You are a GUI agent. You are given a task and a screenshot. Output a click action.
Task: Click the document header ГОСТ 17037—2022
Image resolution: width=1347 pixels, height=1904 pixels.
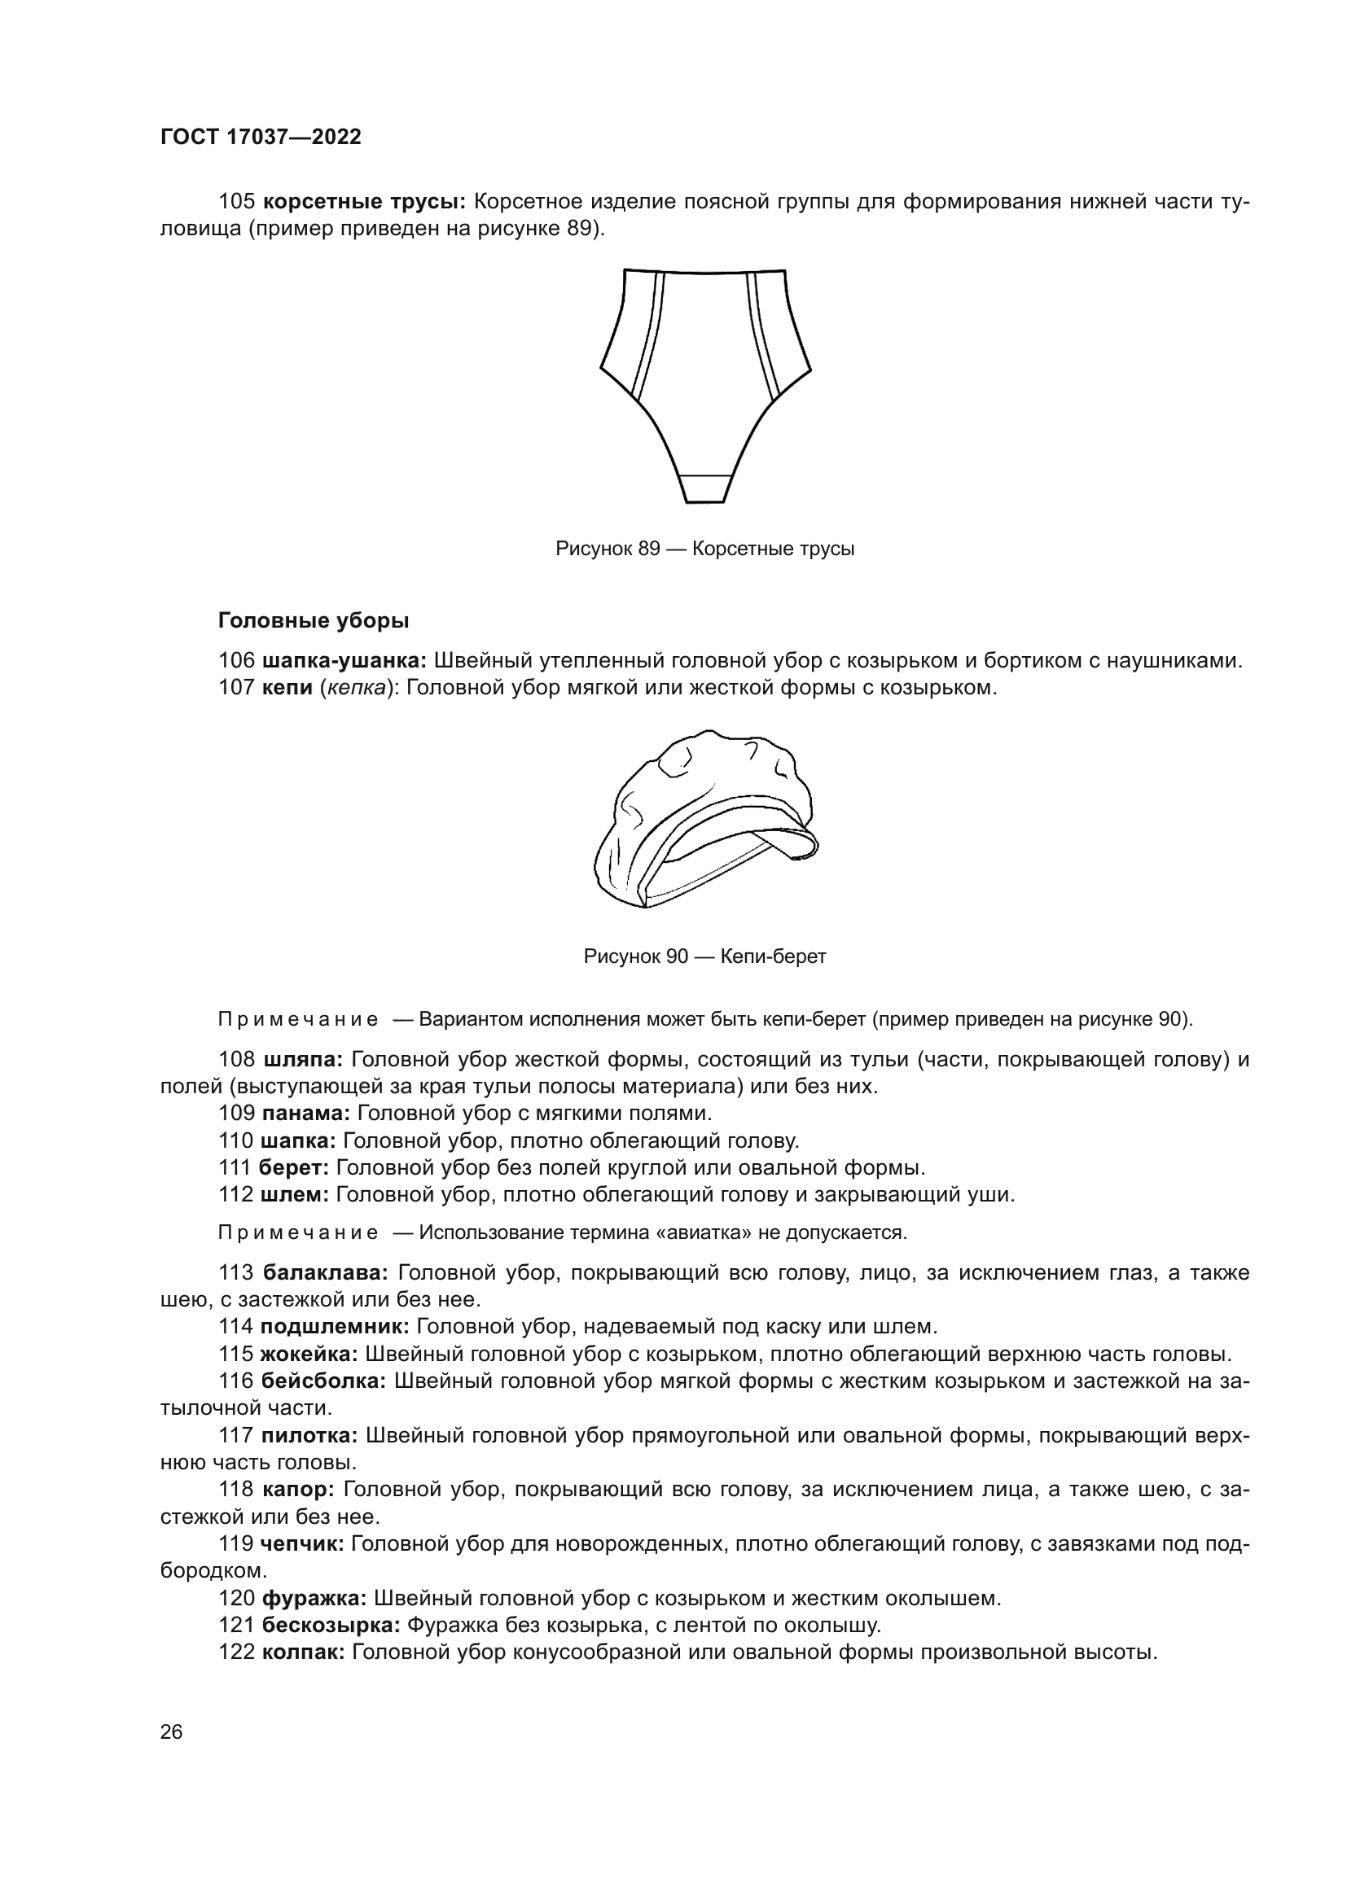tap(261, 138)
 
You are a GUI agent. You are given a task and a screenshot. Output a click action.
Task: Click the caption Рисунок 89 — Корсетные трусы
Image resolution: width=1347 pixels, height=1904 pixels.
tap(704, 549)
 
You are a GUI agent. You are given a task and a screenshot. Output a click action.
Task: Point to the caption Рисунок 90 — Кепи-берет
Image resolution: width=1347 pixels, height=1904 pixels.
tap(704, 956)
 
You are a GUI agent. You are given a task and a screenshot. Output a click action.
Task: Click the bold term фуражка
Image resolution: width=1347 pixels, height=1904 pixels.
tap(314, 1598)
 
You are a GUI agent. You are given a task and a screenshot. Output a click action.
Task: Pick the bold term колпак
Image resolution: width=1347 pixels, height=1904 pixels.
tap(303, 1652)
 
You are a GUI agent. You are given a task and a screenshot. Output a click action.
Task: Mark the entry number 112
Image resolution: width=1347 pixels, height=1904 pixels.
tap(235, 1195)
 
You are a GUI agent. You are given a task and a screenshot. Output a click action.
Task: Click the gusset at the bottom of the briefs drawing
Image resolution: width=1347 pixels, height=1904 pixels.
tap(705, 488)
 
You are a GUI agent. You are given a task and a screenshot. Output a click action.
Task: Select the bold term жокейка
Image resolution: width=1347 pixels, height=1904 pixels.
tap(309, 1355)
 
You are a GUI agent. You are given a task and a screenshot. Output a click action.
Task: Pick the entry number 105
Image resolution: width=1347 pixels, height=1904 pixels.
tap(235, 202)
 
